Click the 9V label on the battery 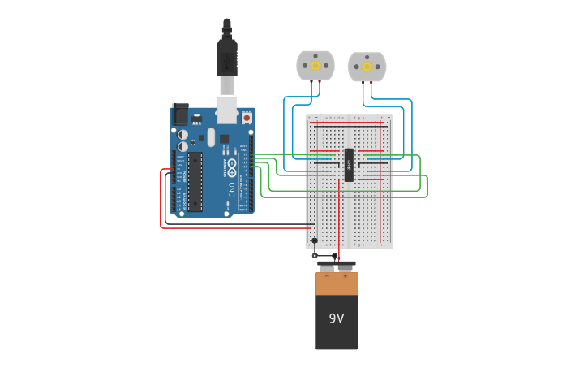[337, 318]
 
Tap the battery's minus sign [327, 277]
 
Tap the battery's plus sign [346, 277]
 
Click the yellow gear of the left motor [315, 66]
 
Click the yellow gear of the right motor [367, 66]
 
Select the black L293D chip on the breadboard [349, 165]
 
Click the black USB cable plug [227, 57]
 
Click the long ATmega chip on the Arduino [195, 181]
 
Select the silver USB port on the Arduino [228, 110]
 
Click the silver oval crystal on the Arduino [211, 136]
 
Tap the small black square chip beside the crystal [224, 138]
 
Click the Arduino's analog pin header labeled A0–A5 [181, 196]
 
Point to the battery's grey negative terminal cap [326, 266]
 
